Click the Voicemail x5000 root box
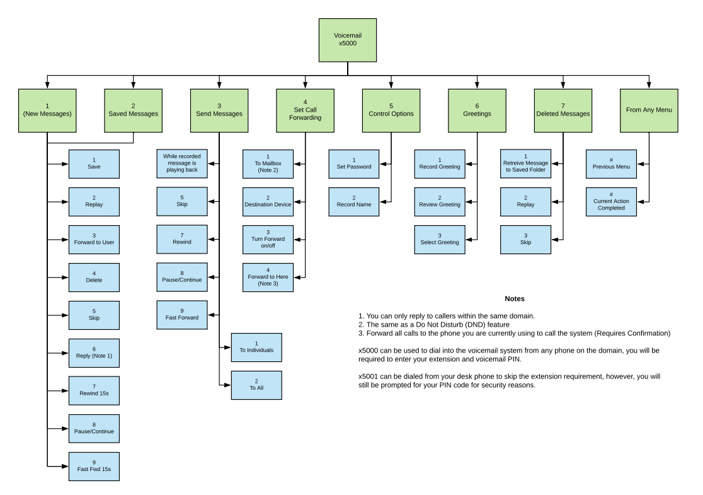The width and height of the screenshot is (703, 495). [348, 39]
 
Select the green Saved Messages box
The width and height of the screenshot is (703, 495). [133, 110]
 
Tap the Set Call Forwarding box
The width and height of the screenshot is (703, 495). [305, 110]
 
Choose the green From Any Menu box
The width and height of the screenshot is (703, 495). [649, 110]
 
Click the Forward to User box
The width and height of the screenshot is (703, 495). [93, 240]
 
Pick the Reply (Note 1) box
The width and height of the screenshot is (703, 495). [93, 352]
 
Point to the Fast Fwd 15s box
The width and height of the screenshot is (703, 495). [93, 466]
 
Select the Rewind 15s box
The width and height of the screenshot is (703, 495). [93, 390]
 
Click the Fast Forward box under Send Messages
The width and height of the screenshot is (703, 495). [182, 315]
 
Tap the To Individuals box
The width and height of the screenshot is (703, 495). [256, 347]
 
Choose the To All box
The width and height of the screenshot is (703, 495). [256, 385]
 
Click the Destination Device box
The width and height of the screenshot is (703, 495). [268, 202]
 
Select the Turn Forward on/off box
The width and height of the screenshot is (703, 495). [268, 240]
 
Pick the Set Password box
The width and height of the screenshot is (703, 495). [353, 164]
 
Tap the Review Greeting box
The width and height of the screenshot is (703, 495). [440, 202]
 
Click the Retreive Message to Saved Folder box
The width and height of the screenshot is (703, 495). [525, 164]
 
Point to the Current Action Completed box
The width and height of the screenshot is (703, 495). [611, 202]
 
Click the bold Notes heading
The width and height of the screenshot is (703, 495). [514, 298]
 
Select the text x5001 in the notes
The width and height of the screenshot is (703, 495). [368, 376]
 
